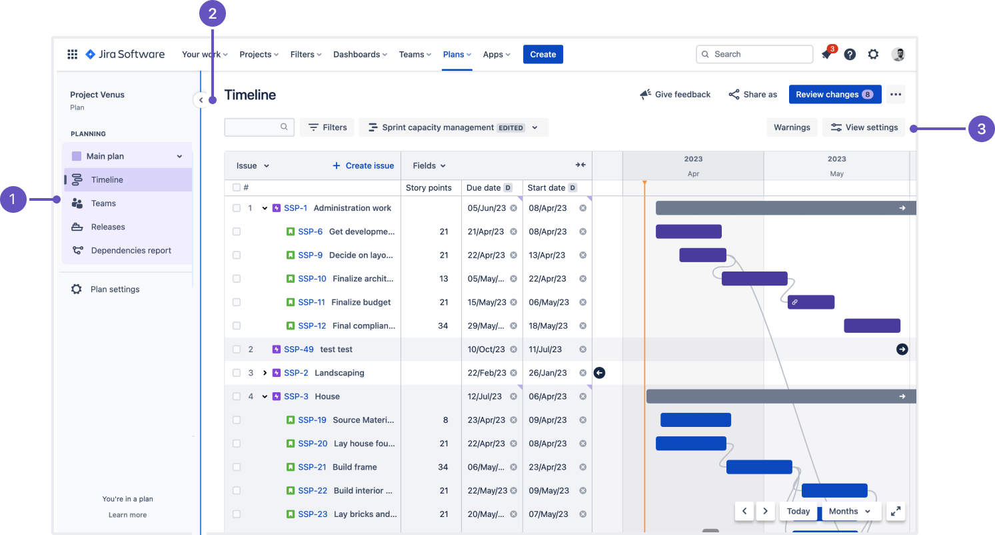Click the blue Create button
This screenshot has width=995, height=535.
tap(542, 55)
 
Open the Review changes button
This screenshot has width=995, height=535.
tap(834, 95)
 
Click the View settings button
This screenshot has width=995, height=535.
tap(864, 127)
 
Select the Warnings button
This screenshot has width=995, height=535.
tap(792, 127)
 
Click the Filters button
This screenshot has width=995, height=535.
tap(327, 127)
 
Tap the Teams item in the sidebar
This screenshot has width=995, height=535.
tap(103, 203)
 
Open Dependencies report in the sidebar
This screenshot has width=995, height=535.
tap(131, 251)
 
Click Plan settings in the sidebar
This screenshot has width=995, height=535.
tap(115, 290)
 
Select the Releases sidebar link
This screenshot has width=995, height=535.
tap(108, 227)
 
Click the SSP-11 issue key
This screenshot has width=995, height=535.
tap(311, 302)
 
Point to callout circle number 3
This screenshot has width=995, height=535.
tap(981, 129)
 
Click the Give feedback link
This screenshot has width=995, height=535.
tap(675, 95)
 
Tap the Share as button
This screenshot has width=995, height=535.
tap(752, 95)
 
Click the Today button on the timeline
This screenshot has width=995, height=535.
tap(798, 512)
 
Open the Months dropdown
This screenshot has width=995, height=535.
tap(850, 512)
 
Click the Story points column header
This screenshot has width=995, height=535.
tap(429, 188)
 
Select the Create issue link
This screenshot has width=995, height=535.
tap(363, 166)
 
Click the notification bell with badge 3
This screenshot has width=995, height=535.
tap(826, 55)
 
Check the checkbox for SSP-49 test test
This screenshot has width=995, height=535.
tap(237, 350)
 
